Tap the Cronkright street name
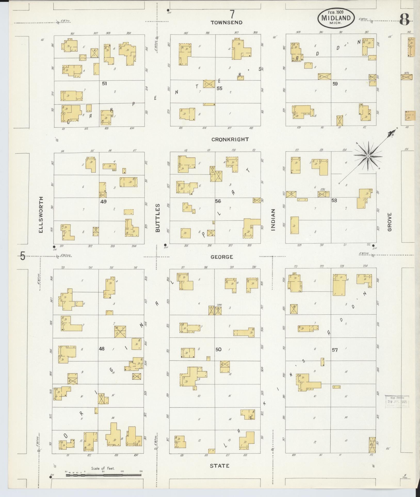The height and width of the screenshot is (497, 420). pos(230,140)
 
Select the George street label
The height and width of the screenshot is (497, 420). pos(222,257)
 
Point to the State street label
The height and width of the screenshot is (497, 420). pos(220,466)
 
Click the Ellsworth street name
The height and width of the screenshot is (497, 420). pos(41,215)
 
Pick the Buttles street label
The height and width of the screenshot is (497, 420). pos(158,218)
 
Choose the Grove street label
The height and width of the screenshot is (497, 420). pos(389,222)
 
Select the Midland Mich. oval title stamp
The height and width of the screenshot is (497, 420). pos(336,18)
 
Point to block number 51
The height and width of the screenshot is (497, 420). pos(104,84)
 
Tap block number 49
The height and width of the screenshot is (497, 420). pos(103,202)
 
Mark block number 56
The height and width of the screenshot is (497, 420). pos(218,201)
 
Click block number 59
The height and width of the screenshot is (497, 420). pos(335,84)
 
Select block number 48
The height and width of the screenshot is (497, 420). pos(102,349)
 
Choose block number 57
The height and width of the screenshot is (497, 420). pos(335,350)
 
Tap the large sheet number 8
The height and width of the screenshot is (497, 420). pos(405,20)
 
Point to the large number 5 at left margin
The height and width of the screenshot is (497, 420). pos(23,256)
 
